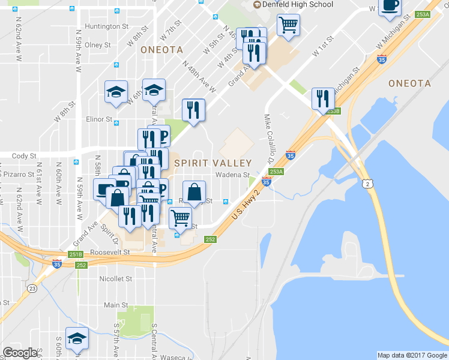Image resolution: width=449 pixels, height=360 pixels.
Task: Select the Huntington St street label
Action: click(107, 26)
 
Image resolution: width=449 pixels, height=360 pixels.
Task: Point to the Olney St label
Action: click(98, 45)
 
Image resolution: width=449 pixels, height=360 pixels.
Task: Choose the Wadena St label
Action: click(232, 175)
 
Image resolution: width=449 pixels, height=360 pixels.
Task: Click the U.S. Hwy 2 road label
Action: click(248, 206)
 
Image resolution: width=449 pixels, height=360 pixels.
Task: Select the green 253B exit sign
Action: click(334, 111)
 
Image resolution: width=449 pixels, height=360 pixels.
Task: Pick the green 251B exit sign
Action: click(76, 254)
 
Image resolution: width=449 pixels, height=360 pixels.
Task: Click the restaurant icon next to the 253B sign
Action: click(323, 98)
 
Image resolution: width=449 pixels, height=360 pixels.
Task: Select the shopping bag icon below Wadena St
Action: click(194, 192)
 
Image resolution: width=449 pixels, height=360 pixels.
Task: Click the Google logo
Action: click(20, 353)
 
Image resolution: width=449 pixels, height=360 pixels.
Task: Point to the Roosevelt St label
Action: click(110, 253)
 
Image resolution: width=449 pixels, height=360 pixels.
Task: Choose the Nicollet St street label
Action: click(116, 279)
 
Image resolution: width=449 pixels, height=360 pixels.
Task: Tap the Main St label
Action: click(112, 305)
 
